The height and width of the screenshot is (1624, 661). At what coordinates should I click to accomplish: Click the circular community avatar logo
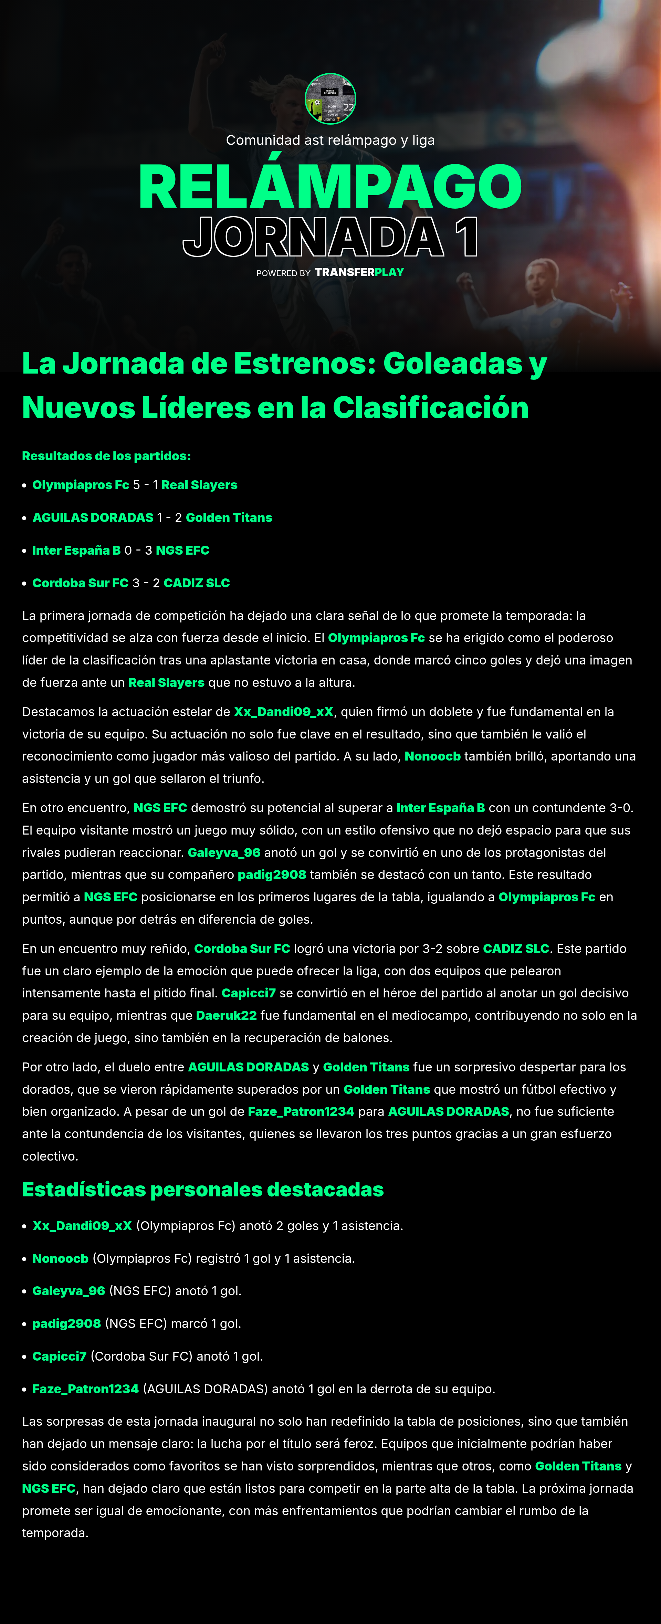coord(330,99)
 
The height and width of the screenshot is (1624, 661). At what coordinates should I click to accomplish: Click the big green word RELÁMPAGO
coord(330,187)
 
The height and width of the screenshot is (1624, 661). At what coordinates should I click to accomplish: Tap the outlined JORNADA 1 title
coord(330,238)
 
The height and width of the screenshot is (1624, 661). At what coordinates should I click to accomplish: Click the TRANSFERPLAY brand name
coord(359,272)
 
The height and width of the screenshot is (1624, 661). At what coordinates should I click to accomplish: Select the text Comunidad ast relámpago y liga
coord(330,140)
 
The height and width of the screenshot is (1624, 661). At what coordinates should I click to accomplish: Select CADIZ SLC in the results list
coord(197,583)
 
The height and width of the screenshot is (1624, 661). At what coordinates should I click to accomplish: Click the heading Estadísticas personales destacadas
coord(202,1190)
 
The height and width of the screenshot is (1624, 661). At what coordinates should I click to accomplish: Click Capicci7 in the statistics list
coord(59,1356)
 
